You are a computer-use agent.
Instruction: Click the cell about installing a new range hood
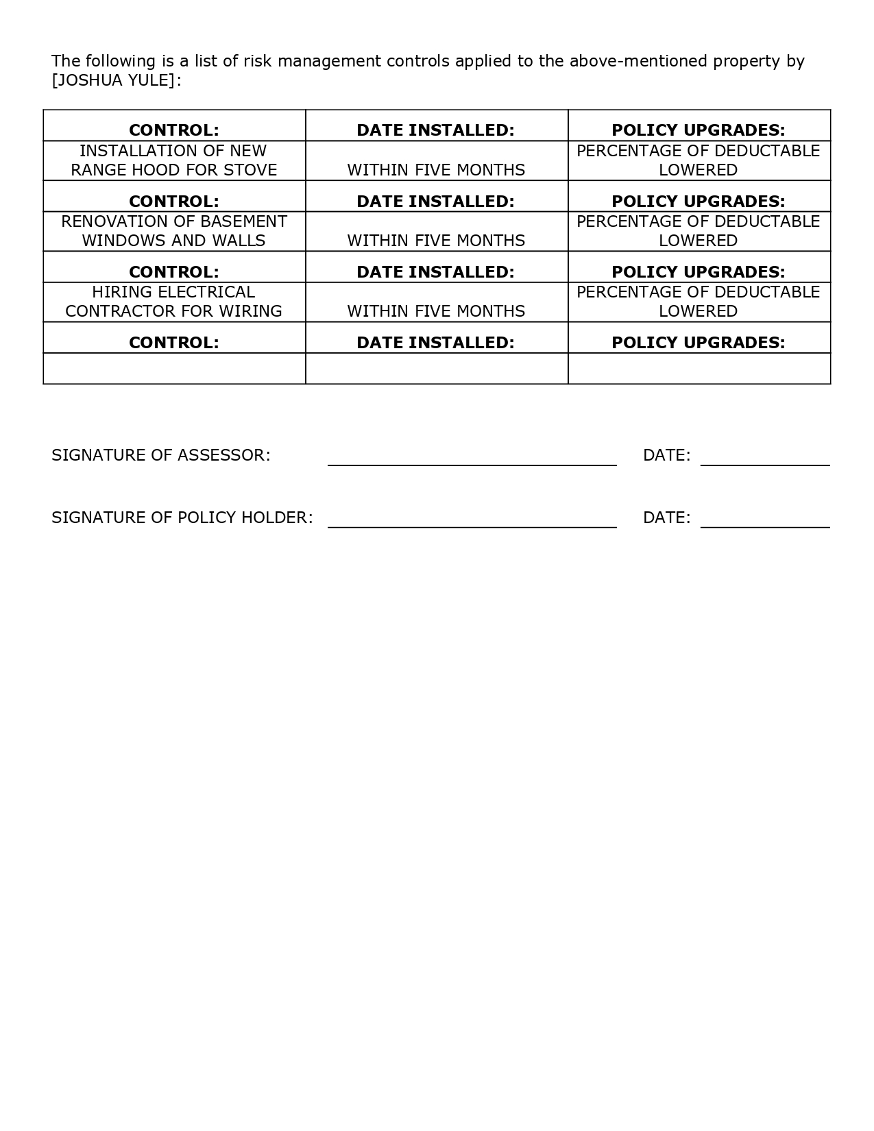174,160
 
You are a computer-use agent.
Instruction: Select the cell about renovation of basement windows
174,231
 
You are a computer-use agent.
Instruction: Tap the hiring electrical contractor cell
174,302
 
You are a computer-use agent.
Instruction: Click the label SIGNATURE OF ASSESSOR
161,455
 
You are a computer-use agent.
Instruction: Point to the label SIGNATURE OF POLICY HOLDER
182,518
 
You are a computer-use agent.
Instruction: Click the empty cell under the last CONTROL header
174,369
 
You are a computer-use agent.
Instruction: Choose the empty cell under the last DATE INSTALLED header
437,369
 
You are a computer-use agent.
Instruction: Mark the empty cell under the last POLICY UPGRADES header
699,369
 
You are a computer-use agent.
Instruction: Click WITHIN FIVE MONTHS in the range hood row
436,170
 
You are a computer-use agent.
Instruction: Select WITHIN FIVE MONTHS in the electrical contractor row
436,311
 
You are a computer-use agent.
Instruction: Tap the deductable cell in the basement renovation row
699,231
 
